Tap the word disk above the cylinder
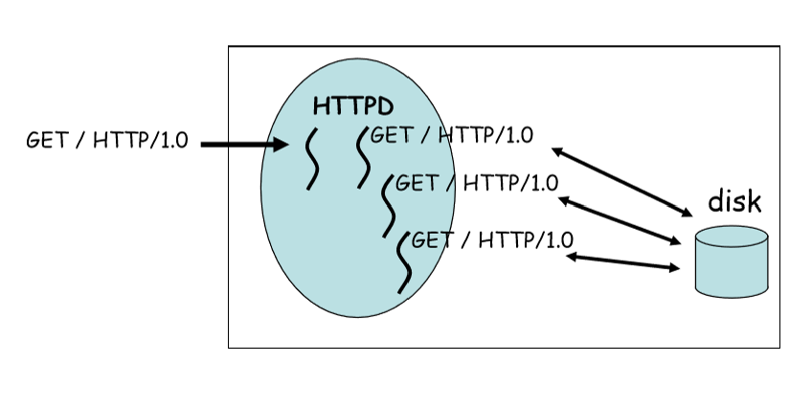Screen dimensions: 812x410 (x=734, y=202)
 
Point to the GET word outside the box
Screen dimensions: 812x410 (x=46, y=141)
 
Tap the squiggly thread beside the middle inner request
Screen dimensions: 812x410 (x=388, y=204)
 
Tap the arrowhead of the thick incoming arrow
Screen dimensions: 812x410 (x=280, y=145)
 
